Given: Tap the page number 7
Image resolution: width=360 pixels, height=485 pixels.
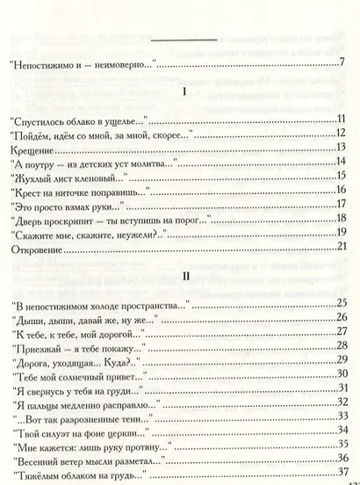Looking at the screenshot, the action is coord(340,62).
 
